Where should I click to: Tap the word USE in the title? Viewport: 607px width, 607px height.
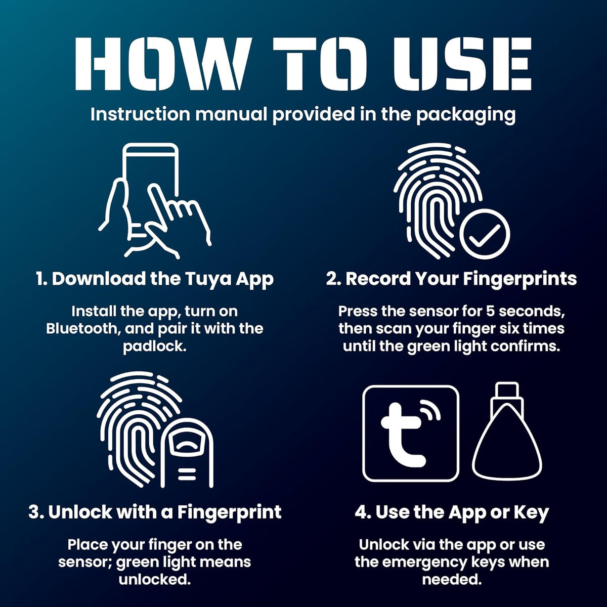462,64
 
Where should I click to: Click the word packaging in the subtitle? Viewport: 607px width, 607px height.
466,115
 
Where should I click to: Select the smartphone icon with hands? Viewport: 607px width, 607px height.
154,201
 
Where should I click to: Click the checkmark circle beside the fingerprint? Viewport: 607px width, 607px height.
485,234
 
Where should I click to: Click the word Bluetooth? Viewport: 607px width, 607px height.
83,329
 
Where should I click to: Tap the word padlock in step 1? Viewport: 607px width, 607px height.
154,346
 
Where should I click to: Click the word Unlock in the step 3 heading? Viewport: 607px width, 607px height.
80,512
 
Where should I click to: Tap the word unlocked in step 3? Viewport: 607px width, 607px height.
155,580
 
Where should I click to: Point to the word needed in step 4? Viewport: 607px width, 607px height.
452,580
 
